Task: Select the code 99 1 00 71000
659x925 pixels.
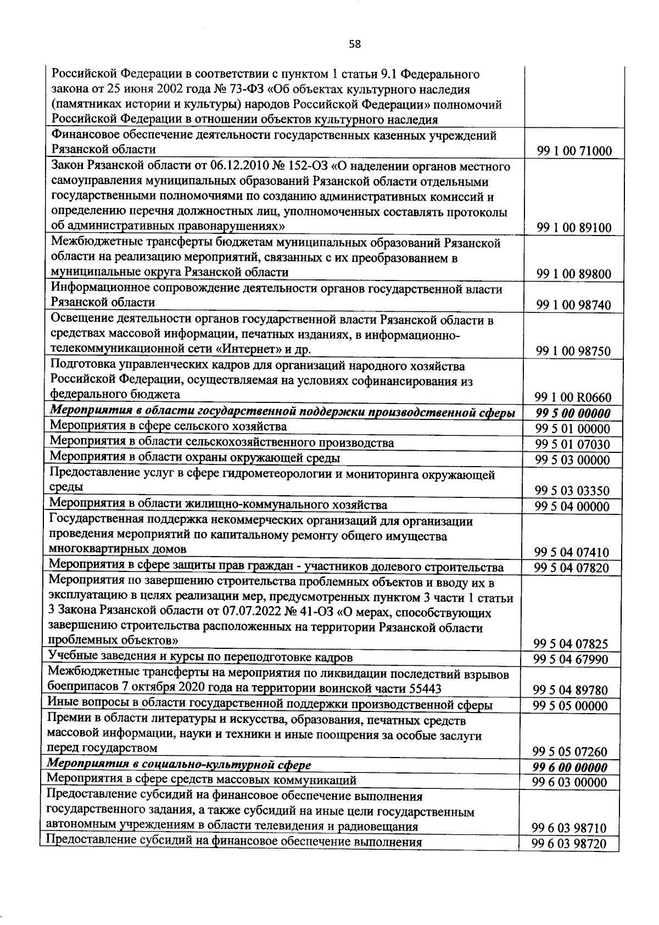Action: pos(574,152)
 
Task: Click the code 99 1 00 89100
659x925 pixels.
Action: pos(574,228)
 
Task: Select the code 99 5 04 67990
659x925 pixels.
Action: pos(572,659)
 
